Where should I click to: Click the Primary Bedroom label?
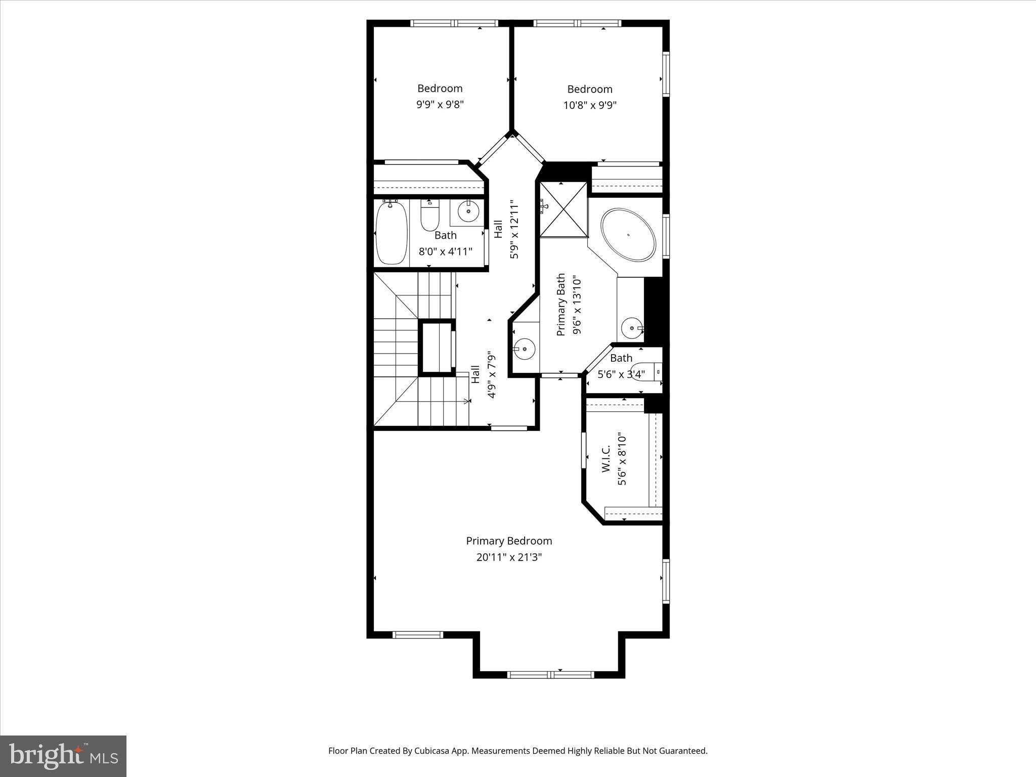(x=509, y=541)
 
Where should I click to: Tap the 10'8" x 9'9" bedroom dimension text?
(x=590, y=105)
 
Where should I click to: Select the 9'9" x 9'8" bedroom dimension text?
(x=440, y=105)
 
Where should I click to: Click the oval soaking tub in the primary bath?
(x=628, y=235)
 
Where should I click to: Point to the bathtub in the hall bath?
(x=392, y=233)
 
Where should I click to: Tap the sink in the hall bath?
(x=468, y=210)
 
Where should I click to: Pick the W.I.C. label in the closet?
(x=606, y=459)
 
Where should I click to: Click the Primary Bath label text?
(x=560, y=305)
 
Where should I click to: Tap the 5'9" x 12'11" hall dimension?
(x=514, y=230)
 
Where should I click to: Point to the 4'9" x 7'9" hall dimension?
(x=491, y=375)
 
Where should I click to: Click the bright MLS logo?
(x=63, y=756)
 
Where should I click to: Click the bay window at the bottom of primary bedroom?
(x=550, y=674)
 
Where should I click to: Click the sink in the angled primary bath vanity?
(x=525, y=349)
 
